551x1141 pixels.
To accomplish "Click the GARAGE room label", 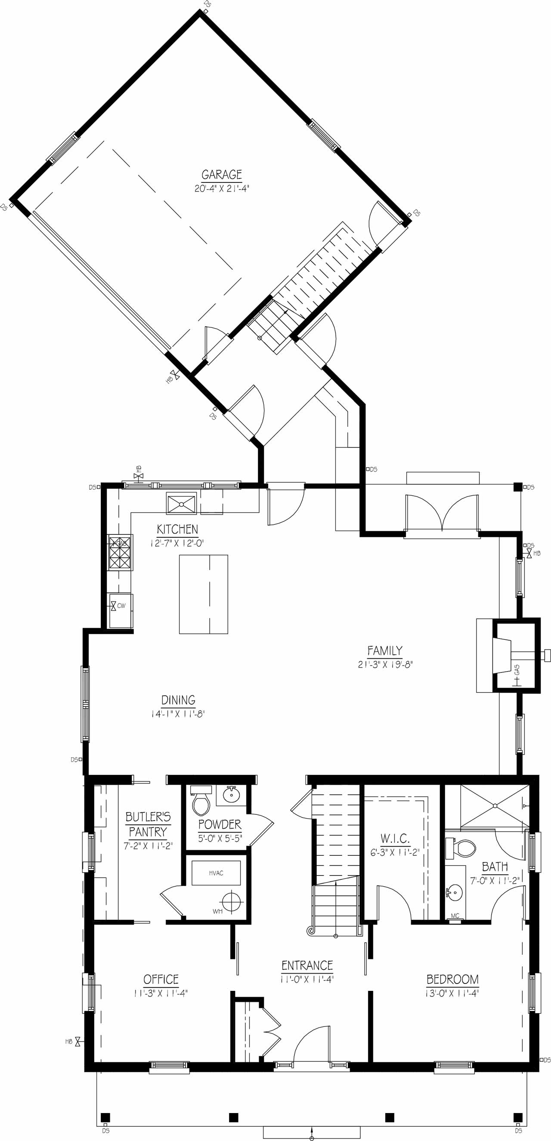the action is [222, 175].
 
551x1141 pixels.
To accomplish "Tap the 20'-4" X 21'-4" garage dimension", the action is [222, 189].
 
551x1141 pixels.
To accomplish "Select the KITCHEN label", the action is [177, 529].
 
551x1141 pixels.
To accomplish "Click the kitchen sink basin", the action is [181, 504].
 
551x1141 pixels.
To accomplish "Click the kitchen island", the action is [204, 595].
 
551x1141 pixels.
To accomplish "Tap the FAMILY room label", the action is [385, 651].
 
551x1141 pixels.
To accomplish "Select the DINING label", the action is [178, 700].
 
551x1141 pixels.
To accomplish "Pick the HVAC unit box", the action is [216, 873].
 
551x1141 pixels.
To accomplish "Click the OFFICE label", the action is [161, 979].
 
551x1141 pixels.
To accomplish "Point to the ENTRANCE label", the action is [307, 965].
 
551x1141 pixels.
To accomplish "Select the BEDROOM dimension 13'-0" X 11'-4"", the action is [452, 993].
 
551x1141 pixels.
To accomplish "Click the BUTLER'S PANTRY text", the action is [148, 824].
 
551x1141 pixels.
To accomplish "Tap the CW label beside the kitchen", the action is [121, 606].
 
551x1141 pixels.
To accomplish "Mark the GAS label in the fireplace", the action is [517, 670].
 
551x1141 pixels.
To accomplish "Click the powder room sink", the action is [231, 796].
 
